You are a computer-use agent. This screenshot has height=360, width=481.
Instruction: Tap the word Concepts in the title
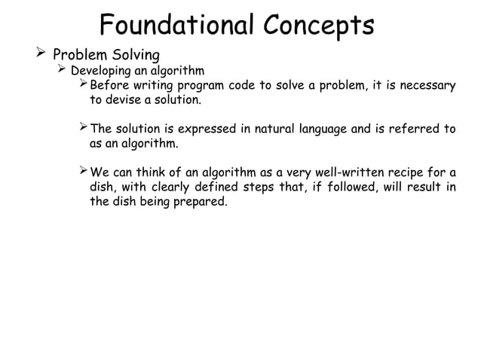[318, 25]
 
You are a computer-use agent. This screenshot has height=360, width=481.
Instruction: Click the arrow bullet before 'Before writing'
[84, 85]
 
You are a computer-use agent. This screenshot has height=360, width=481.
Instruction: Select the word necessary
[425, 86]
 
